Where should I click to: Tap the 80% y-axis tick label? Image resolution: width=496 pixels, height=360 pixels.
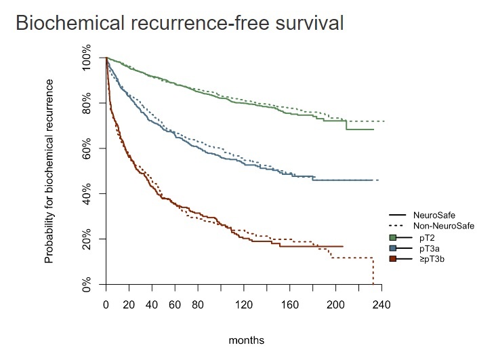click(x=87, y=104)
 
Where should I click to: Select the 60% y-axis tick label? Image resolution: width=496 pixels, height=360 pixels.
click(x=87, y=149)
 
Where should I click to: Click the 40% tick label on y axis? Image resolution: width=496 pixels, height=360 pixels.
click(x=87, y=195)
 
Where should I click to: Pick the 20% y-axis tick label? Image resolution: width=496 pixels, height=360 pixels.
click(x=87, y=240)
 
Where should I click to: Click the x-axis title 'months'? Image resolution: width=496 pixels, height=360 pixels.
click(x=246, y=340)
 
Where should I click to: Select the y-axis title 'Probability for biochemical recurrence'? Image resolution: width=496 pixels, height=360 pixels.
click(x=49, y=171)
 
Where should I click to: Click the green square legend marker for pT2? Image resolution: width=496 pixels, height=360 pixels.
click(x=393, y=237)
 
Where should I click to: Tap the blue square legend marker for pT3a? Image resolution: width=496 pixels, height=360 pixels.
click(x=393, y=248)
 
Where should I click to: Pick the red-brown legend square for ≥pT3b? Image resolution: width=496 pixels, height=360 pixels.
click(x=393, y=258)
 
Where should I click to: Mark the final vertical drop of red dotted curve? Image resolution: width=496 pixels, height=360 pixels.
click(x=373, y=271)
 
